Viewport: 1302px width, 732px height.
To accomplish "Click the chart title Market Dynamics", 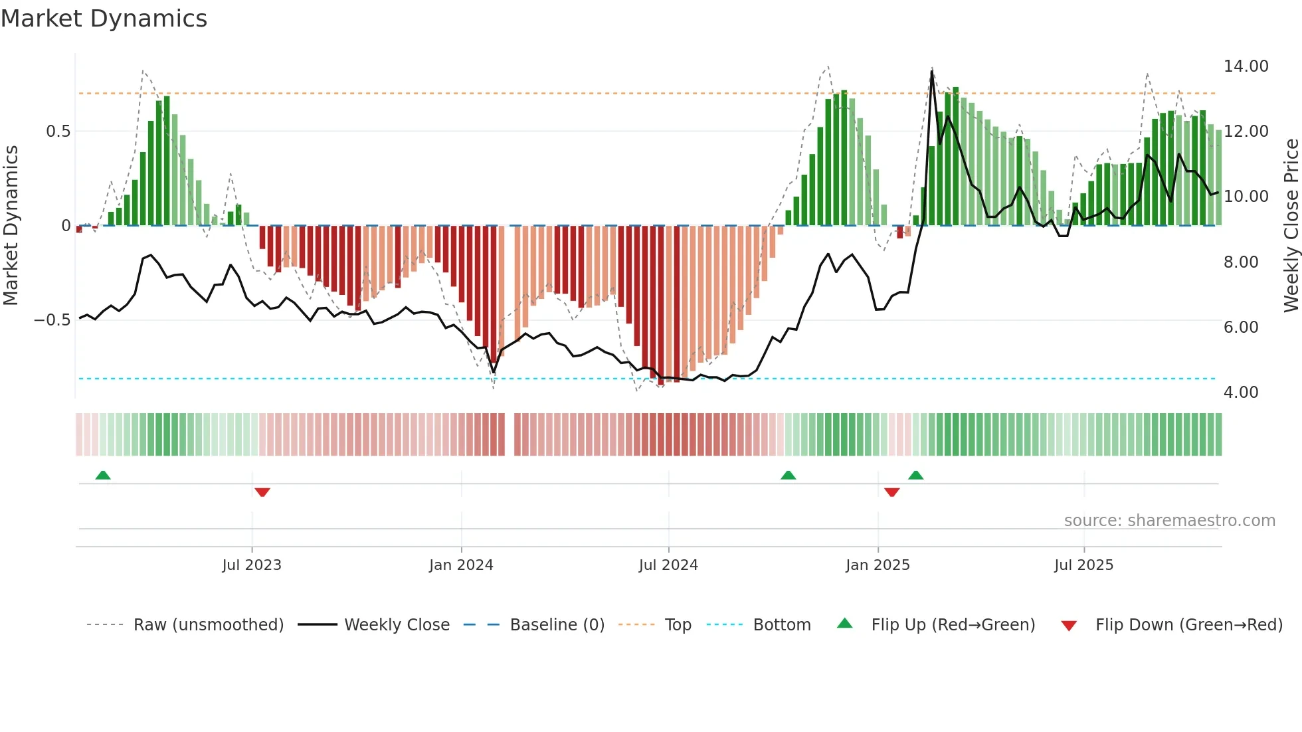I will tap(104, 19).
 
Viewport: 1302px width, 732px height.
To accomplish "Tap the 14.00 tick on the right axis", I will tap(1246, 66).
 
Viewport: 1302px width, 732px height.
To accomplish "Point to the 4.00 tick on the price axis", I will tap(1240, 393).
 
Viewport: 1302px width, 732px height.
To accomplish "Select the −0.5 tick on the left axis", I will tap(52, 320).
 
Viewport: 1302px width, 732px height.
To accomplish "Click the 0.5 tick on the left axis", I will tap(58, 132).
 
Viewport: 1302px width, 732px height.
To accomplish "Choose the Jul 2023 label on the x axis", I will tap(252, 565).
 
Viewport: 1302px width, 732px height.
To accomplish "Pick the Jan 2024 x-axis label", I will tap(461, 565).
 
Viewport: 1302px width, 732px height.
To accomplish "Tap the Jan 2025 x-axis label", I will tap(878, 565).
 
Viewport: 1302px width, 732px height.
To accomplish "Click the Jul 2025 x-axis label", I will tap(1083, 565).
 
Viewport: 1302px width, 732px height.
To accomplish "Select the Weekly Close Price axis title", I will tap(1291, 225).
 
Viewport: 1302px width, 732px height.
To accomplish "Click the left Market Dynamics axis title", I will tap(11, 225).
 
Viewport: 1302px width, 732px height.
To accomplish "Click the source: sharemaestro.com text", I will tap(1169, 521).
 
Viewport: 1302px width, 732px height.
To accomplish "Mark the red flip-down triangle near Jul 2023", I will tap(262, 492).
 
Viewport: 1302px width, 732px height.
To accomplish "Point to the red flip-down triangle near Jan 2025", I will tap(892, 492).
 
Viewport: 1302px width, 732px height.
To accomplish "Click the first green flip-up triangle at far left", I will tap(103, 475).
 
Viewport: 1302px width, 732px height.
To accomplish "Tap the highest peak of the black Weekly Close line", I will tap(932, 72).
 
